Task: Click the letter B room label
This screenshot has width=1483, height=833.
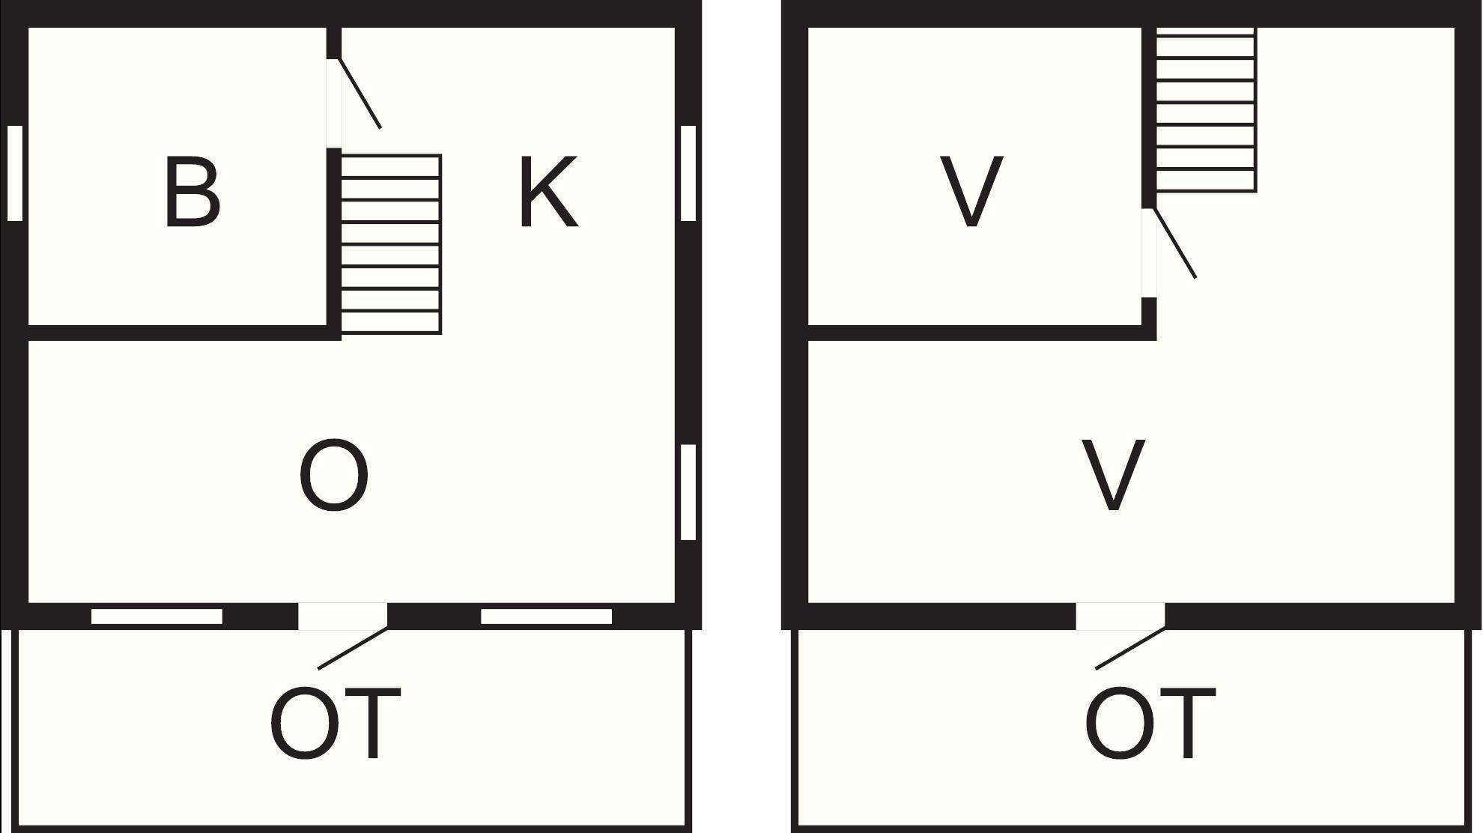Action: [192, 191]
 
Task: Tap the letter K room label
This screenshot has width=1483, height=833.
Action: [549, 191]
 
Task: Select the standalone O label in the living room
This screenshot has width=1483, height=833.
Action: [334, 475]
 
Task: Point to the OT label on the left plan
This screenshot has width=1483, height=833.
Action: [335, 723]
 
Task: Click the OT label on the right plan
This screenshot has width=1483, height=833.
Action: [1150, 723]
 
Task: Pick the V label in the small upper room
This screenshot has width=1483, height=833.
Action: [971, 191]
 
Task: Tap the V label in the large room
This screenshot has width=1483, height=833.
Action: [1114, 475]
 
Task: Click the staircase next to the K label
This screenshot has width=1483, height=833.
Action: [391, 244]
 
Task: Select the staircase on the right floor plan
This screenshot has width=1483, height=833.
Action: [1206, 110]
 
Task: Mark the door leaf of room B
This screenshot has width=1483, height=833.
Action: [360, 93]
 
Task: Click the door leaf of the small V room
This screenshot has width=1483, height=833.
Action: [1174, 243]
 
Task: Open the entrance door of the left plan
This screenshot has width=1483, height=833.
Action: [353, 648]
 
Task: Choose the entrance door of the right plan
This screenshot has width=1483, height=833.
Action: [1130, 648]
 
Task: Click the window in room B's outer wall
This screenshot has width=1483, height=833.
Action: [15, 173]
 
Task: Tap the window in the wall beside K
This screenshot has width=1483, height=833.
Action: [688, 173]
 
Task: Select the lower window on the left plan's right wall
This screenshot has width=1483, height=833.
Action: [688, 492]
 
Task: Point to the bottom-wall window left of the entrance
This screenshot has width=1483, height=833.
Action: [157, 617]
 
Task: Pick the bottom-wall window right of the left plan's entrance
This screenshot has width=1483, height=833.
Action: [546, 617]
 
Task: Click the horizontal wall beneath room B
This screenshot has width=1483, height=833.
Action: [185, 333]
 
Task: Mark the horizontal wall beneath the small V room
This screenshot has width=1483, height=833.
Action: [982, 333]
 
